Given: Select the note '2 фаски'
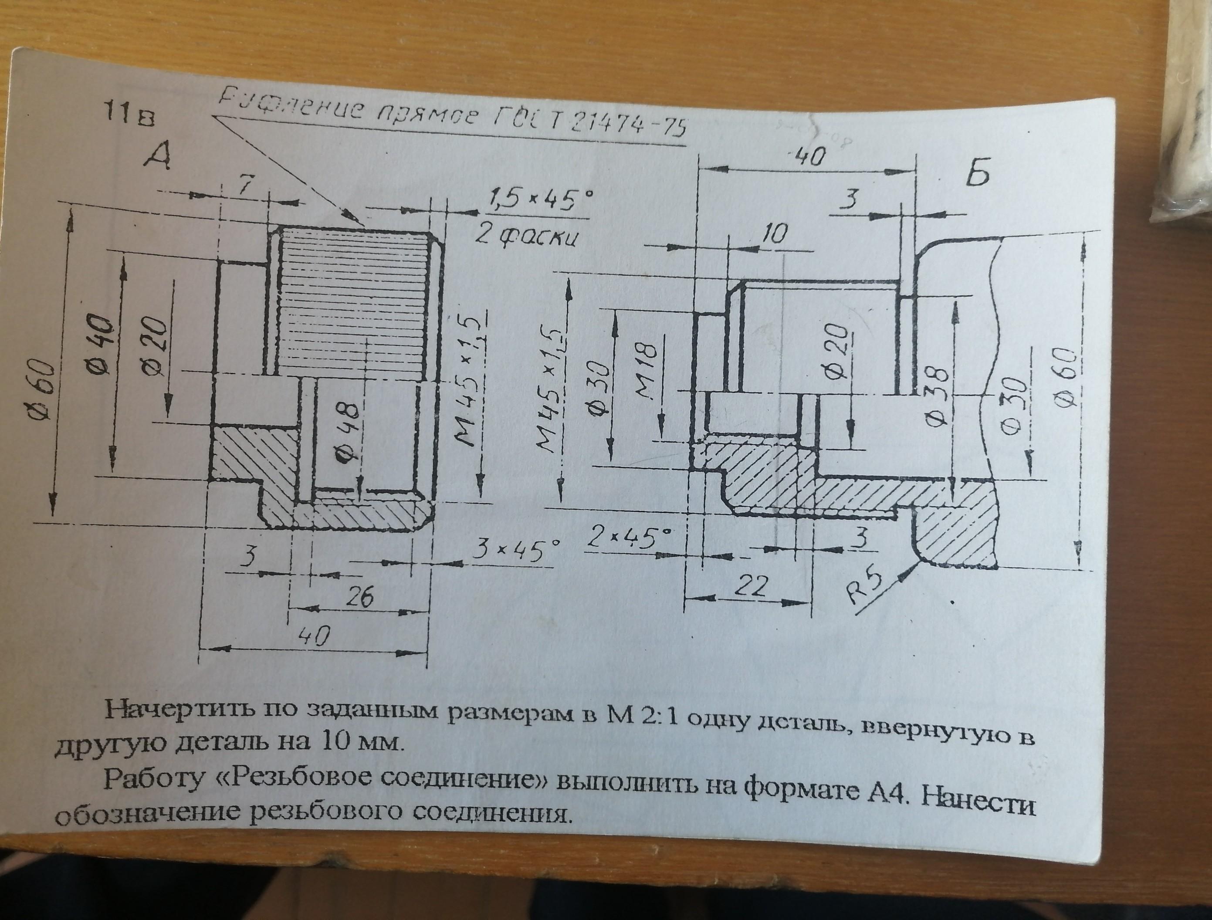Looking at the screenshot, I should pos(525,237).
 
